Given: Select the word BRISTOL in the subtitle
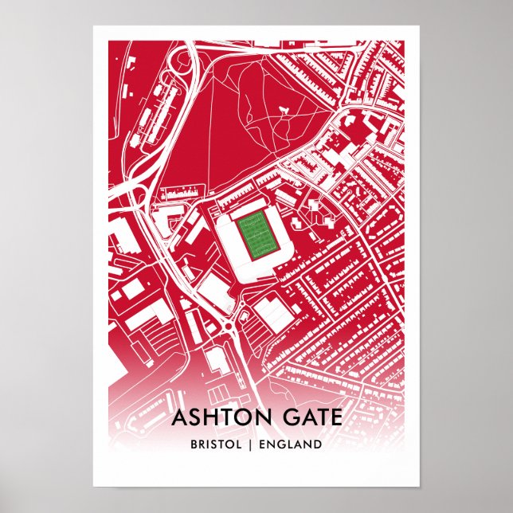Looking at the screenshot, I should (x=217, y=444).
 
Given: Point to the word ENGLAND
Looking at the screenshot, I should (x=293, y=444).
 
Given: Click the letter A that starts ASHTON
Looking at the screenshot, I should (x=179, y=417).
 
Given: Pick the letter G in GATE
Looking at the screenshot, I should (x=284, y=417).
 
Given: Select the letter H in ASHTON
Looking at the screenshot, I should (x=211, y=417).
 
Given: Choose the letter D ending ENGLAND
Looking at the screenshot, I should (x=318, y=444).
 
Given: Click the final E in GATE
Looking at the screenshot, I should (x=337, y=417).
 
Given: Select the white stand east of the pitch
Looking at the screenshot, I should (x=284, y=237).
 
